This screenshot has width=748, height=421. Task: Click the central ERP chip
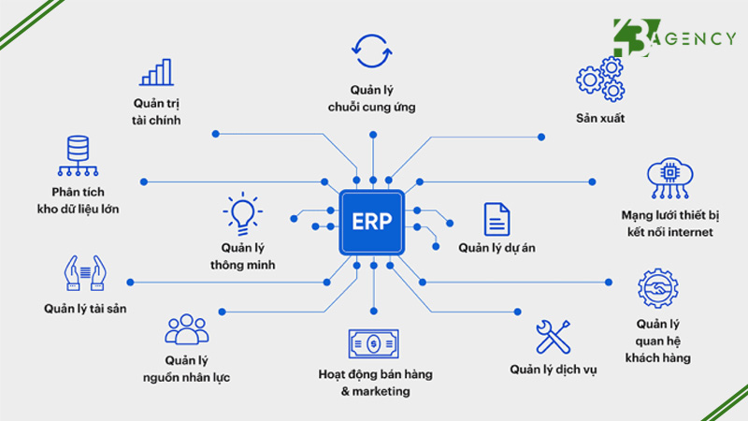pyautogui.click(x=371, y=222)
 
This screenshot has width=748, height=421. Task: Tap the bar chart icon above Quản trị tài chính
pyautogui.click(x=156, y=73)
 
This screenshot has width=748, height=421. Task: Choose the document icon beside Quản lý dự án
pyautogui.click(x=496, y=218)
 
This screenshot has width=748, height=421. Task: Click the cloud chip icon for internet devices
pyautogui.click(x=668, y=181)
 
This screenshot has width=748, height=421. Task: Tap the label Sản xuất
pyautogui.click(x=600, y=119)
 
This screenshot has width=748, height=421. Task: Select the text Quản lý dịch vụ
pyautogui.click(x=554, y=369)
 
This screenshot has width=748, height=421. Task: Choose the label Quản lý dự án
pyautogui.click(x=496, y=248)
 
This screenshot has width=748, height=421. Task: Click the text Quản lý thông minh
pyautogui.click(x=242, y=256)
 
